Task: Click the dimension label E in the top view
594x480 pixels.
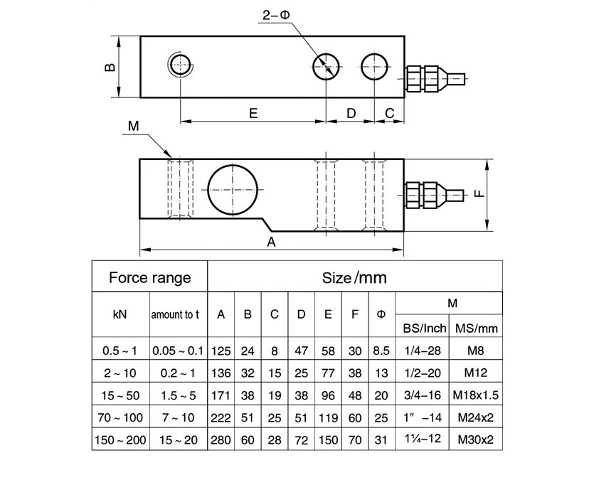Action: pyautogui.click(x=253, y=113)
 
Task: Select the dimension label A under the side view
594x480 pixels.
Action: pyautogui.click(x=271, y=242)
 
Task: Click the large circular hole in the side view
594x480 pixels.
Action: pyautogui.click(x=232, y=190)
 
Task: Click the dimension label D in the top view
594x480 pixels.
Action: pyautogui.click(x=350, y=113)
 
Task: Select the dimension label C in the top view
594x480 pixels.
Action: pyautogui.click(x=389, y=113)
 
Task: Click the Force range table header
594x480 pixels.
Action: pyautogui.click(x=149, y=277)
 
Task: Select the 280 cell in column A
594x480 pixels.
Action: pyautogui.click(x=221, y=440)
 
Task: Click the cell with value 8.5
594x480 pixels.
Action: pyautogui.click(x=381, y=351)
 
